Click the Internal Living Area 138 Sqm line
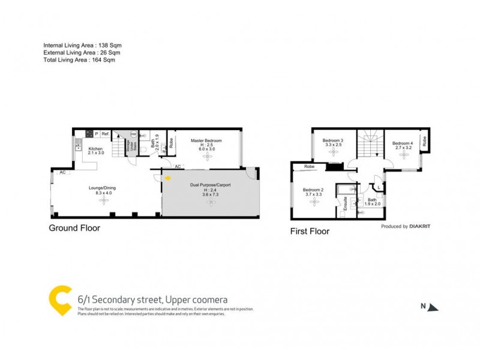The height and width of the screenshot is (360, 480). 82,46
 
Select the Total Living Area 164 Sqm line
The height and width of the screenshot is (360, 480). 79,60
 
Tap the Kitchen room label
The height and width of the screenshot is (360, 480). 96,151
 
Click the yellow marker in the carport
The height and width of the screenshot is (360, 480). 168,178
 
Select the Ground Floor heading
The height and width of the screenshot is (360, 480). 75,228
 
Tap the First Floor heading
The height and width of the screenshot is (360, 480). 310,230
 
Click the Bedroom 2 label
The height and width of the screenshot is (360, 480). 313,192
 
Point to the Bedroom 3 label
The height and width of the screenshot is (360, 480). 333,142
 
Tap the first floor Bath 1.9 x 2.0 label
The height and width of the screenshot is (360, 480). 372,202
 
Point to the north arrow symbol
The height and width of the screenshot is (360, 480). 434,307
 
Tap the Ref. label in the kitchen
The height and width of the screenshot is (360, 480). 104,134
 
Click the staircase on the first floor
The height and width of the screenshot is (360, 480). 368,144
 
